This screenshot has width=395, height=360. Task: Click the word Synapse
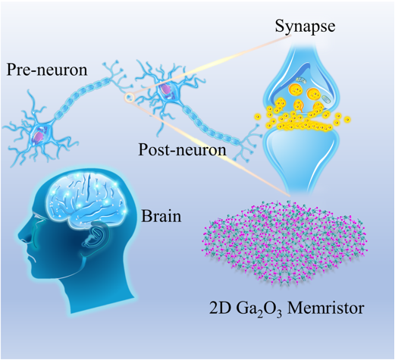[305, 27]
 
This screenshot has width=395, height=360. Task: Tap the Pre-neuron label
[47, 70]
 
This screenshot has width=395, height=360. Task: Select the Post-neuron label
[182, 149]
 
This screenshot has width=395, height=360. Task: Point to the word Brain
[161, 216]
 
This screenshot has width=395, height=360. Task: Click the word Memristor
[326, 308]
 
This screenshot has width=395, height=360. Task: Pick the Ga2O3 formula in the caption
[259, 309]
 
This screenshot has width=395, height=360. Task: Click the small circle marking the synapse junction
[129, 97]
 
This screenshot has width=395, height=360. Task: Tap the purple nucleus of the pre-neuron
[39, 135]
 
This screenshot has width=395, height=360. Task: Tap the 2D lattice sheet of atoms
[284, 243]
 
